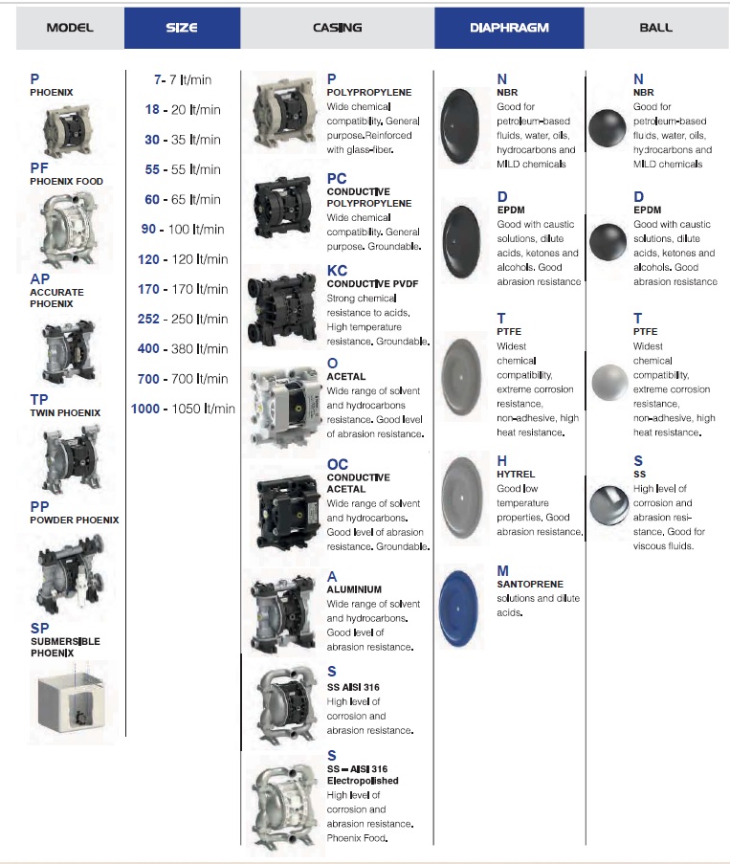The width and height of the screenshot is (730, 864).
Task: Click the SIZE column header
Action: tap(182, 28)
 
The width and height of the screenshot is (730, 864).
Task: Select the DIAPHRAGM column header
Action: tap(509, 28)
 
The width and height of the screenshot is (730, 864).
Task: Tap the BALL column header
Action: tap(655, 28)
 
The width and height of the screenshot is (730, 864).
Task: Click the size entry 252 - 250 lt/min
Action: tap(183, 319)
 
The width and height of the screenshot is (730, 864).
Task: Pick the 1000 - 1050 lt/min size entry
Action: tap(183, 409)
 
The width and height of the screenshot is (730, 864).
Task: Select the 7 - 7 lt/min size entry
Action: tap(183, 80)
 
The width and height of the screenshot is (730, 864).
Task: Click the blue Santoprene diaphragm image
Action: tap(458, 609)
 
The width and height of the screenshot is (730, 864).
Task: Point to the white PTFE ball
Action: tap(609, 382)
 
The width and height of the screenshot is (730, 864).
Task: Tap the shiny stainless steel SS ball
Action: tap(608, 505)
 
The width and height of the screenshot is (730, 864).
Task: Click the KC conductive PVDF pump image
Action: tap(281, 307)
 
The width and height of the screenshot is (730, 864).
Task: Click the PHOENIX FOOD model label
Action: tap(66, 181)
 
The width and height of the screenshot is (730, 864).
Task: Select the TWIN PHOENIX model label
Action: tap(65, 412)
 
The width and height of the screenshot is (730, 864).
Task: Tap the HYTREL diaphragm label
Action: tap(516, 474)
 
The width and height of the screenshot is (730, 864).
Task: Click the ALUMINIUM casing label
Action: tap(354, 589)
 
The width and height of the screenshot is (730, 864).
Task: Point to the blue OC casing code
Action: tap(337, 464)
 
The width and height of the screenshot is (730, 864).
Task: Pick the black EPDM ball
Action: tap(608, 242)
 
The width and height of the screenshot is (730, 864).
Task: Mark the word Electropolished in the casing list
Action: tap(363, 781)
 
